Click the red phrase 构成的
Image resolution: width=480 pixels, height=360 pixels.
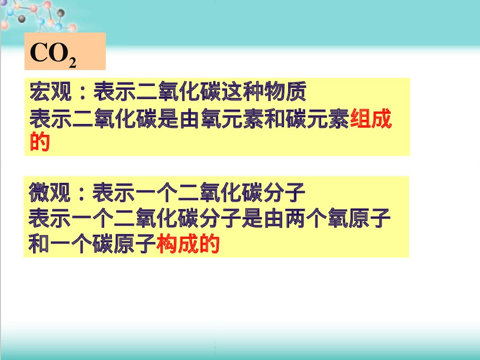pos(189,245)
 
